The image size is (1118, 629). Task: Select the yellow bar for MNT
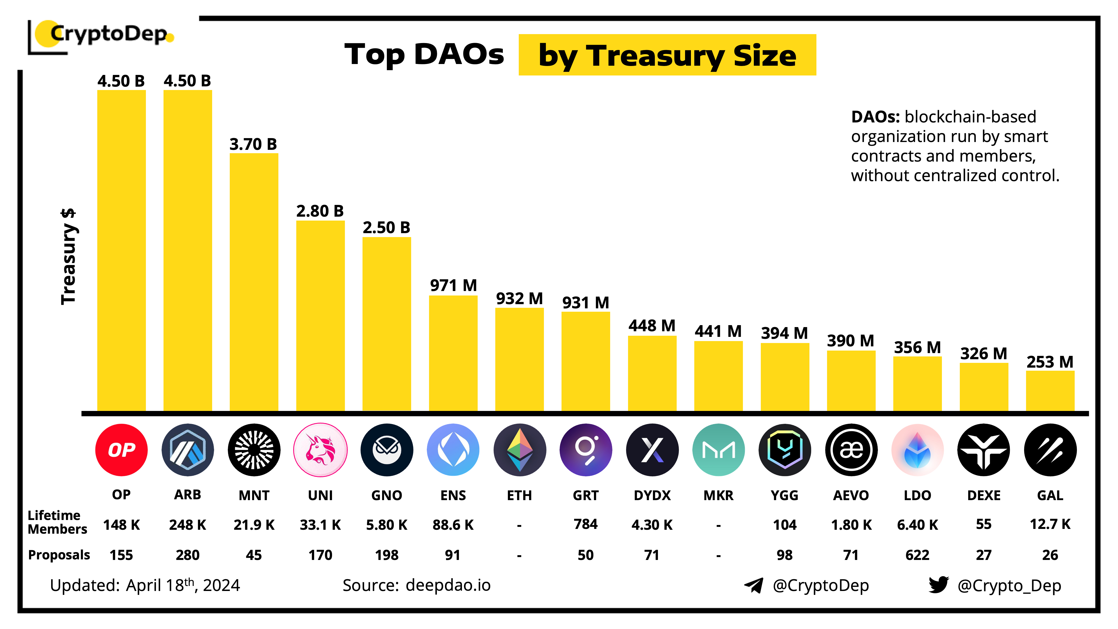(x=254, y=282)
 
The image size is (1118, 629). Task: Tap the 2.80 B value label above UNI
(x=320, y=211)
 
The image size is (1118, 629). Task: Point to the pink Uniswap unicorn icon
(x=320, y=450)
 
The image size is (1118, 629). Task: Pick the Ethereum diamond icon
(x=520, y=450)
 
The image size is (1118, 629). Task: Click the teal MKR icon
(x=718, y=450)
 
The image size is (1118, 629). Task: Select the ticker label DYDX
(x=652, y=495)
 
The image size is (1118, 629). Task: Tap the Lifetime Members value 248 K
(x=188, y=525)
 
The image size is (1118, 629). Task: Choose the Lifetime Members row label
(x=57, y=522)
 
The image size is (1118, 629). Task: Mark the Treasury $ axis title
(x=68, y=257)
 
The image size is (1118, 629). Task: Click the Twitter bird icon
(x=938, y=585)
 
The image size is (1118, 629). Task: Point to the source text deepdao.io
(x=448, y=585)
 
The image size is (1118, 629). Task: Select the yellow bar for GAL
(x=1050, y=391)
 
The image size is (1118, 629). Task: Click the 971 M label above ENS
(x=453, y=286)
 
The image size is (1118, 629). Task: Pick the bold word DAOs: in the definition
(x=875, y=117)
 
